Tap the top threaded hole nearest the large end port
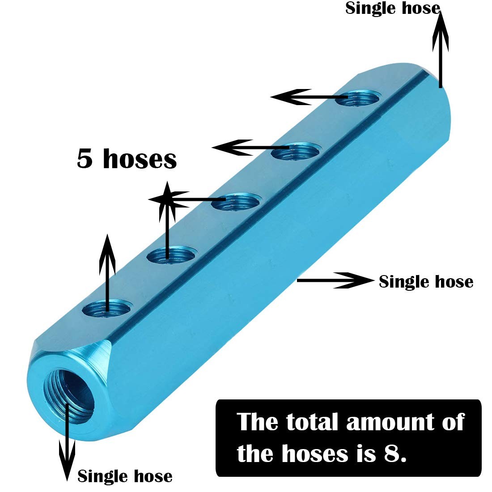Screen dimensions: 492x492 [x=106, y=309]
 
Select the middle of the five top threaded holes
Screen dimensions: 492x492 [x=236, y=202]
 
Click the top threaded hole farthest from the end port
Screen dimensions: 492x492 [x=357, y=98]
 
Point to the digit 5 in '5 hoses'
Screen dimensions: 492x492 [x=85, y=159]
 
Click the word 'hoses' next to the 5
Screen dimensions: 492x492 [x=140, y=159]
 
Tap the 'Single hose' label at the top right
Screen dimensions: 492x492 [x=393, y=8]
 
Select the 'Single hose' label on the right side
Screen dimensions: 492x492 [x=426, y=281]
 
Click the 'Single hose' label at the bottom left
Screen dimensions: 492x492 [x=125, y=476]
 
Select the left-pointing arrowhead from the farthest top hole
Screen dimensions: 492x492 [x=291, y=97]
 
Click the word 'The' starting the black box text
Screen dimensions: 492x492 [x=257, y=422]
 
